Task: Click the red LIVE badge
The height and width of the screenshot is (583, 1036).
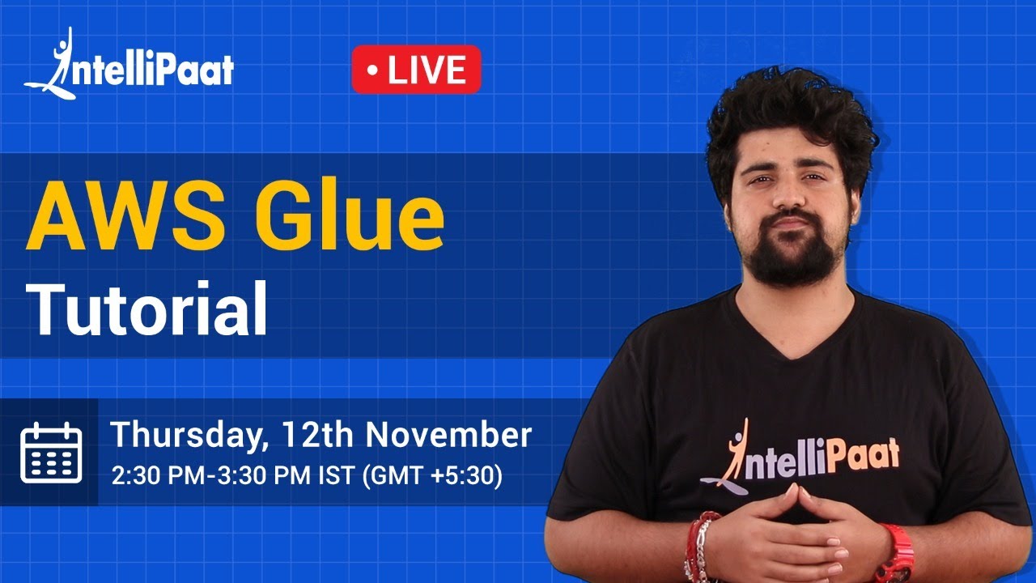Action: pyautogui.click(x=416, y=70)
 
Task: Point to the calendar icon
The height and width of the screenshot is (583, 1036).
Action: pyautogui.click(x=51, y=452)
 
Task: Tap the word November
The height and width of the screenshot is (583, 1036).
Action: pyautogui.click(x=448, y=436)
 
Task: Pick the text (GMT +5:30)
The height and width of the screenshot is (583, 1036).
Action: pyautogui.click(x=433, y=475)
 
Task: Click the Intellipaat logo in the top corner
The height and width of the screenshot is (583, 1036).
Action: pyautogui.click(x=129, y=66)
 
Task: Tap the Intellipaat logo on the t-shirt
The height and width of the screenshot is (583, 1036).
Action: pyautogui.click(x=801, y=458)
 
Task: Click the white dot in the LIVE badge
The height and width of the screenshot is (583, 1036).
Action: pyautogui.click(x=373, y=70)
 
